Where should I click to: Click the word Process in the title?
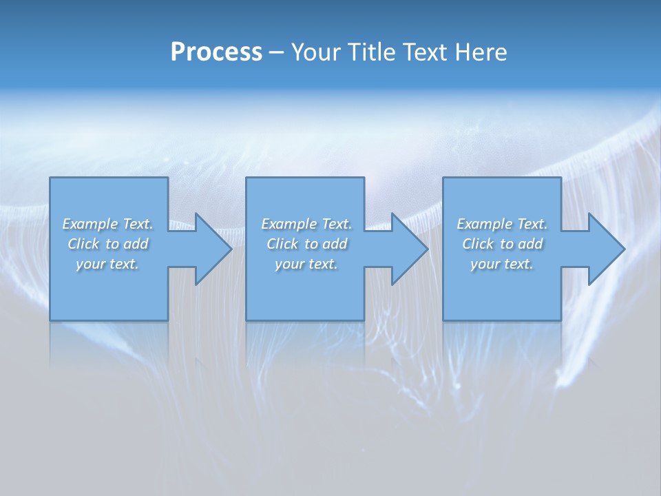[x=216, y=52]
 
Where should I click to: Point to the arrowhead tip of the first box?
[x=231, y=249]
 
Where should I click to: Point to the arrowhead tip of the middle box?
[x=428, y=249]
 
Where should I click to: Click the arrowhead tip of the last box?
[x=625, y=249]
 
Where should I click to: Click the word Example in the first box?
[x=90, y=224]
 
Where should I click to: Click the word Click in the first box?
[x=83, y=244]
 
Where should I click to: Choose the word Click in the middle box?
[x=282, y=244]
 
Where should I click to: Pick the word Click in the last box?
[x=478, y=244]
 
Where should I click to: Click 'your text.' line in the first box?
[x=107, y=264]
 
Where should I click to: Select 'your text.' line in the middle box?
[x=306, y=264]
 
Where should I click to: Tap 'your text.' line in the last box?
[x=502, y=264]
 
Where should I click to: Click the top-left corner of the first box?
[x=50, y=178]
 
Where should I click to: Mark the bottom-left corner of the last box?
[x=443, y=320]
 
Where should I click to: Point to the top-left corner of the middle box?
[x=246, y=178]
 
